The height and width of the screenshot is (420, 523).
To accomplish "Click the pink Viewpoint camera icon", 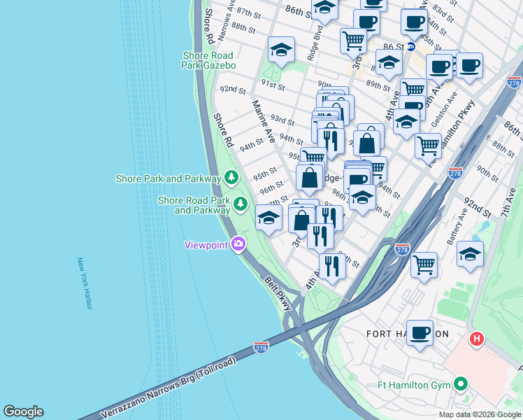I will pos(238,244).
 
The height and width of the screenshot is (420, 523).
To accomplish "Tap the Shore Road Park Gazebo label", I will pos(209,60).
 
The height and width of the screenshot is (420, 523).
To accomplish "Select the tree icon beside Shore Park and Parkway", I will pos(230,178).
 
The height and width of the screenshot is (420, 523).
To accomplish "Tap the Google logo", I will pos(23,412).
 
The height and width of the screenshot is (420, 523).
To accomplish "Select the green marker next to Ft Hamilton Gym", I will pos(460,384).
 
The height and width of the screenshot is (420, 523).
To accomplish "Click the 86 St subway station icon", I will pos(412,47).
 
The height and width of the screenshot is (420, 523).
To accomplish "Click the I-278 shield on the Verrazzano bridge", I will pos(261,347).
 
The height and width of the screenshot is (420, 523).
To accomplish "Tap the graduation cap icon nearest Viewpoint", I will pos(268,217).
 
